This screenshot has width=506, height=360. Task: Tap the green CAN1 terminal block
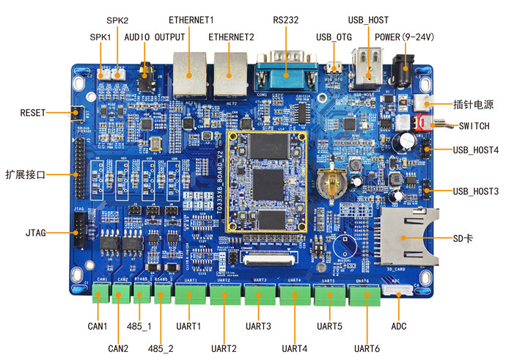(102, 293)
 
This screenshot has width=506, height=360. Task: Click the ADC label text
(398, 326)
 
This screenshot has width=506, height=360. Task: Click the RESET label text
(33, 113)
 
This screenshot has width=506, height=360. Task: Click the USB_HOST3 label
(475, 191)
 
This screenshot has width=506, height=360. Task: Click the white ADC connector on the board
(398, 290)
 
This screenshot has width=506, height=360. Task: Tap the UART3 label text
(258, 326)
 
